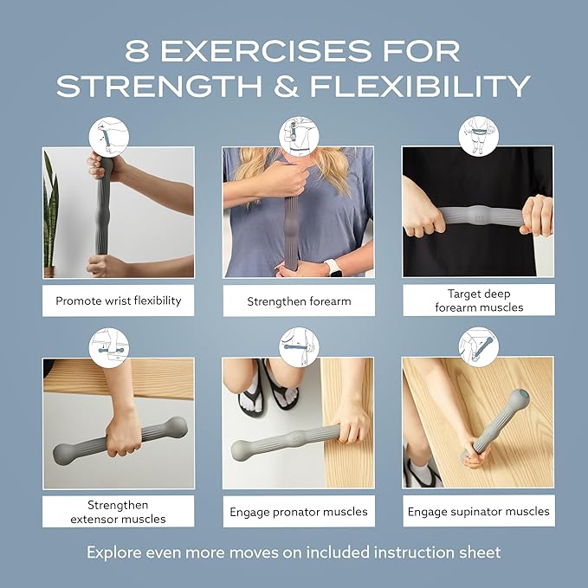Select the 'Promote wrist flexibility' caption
click(x=119, y=301)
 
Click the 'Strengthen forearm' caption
click(x=299, y=301)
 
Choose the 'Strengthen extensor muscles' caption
click(x=119, y=511)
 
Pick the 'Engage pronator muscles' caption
click(x=299, y=512)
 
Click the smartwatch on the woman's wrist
click(x=333, y=267)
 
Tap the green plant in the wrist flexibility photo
click(x=52, y=216)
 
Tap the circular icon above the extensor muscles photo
click(x=109, y=346)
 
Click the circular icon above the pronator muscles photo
click(x=298, y=346)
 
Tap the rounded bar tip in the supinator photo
click(x=519, y=400)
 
